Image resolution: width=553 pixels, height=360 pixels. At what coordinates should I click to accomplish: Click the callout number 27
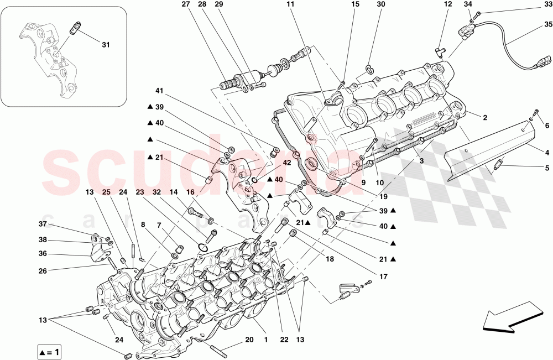pyautogui.click(x=185, y=5)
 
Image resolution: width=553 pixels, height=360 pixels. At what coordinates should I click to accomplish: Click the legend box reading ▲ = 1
pyautogui.click(x=50, y=351)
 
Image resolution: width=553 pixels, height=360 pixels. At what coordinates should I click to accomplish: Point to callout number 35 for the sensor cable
pyautogui.click(x=547, y=25)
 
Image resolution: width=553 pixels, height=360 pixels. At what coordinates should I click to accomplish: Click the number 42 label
pyautogui.click(x=287, y=163)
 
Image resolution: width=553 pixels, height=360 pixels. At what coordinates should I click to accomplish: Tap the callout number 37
pyautogui.click(x=41, y=225)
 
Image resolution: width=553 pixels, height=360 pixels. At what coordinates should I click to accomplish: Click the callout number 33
pyautogui.click(x=547, y=5)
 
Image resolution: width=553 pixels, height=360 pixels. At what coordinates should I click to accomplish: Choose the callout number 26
pyautogui.click(x=42, y=271)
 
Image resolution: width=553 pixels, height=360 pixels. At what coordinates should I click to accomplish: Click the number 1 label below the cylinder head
pyautogui.click(x=265, y=340)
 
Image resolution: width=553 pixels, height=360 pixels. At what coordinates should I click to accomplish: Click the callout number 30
pyautogui.click(x=380, y=5)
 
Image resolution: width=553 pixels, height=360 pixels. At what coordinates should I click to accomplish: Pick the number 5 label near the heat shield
pyautogui.click(x=547, y=168)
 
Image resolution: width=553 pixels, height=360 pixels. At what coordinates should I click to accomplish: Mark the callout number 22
pyautogui.click(x=284, y=340)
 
